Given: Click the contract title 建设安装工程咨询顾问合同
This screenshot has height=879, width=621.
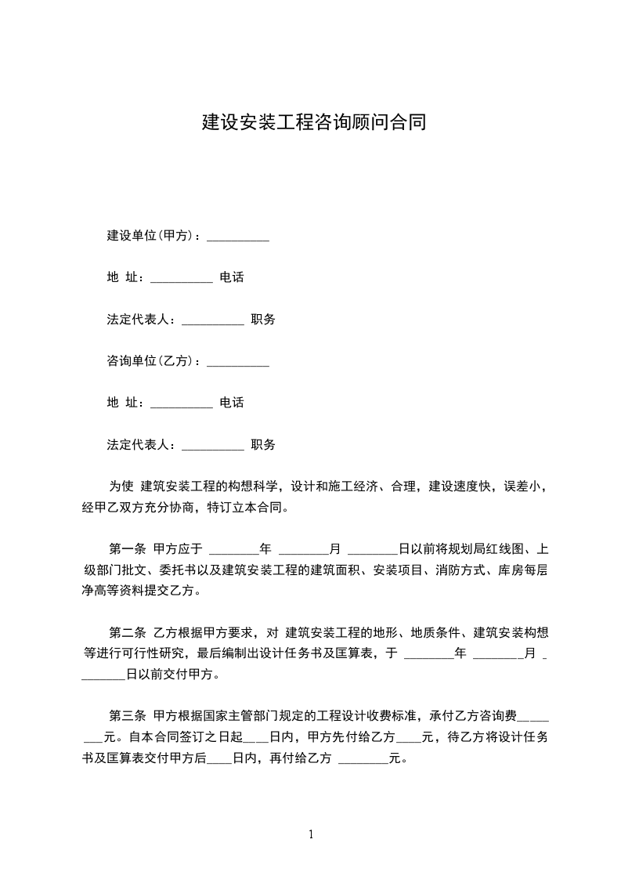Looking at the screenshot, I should coord(314,123).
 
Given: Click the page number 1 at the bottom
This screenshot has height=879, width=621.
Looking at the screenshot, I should coord(311,834).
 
